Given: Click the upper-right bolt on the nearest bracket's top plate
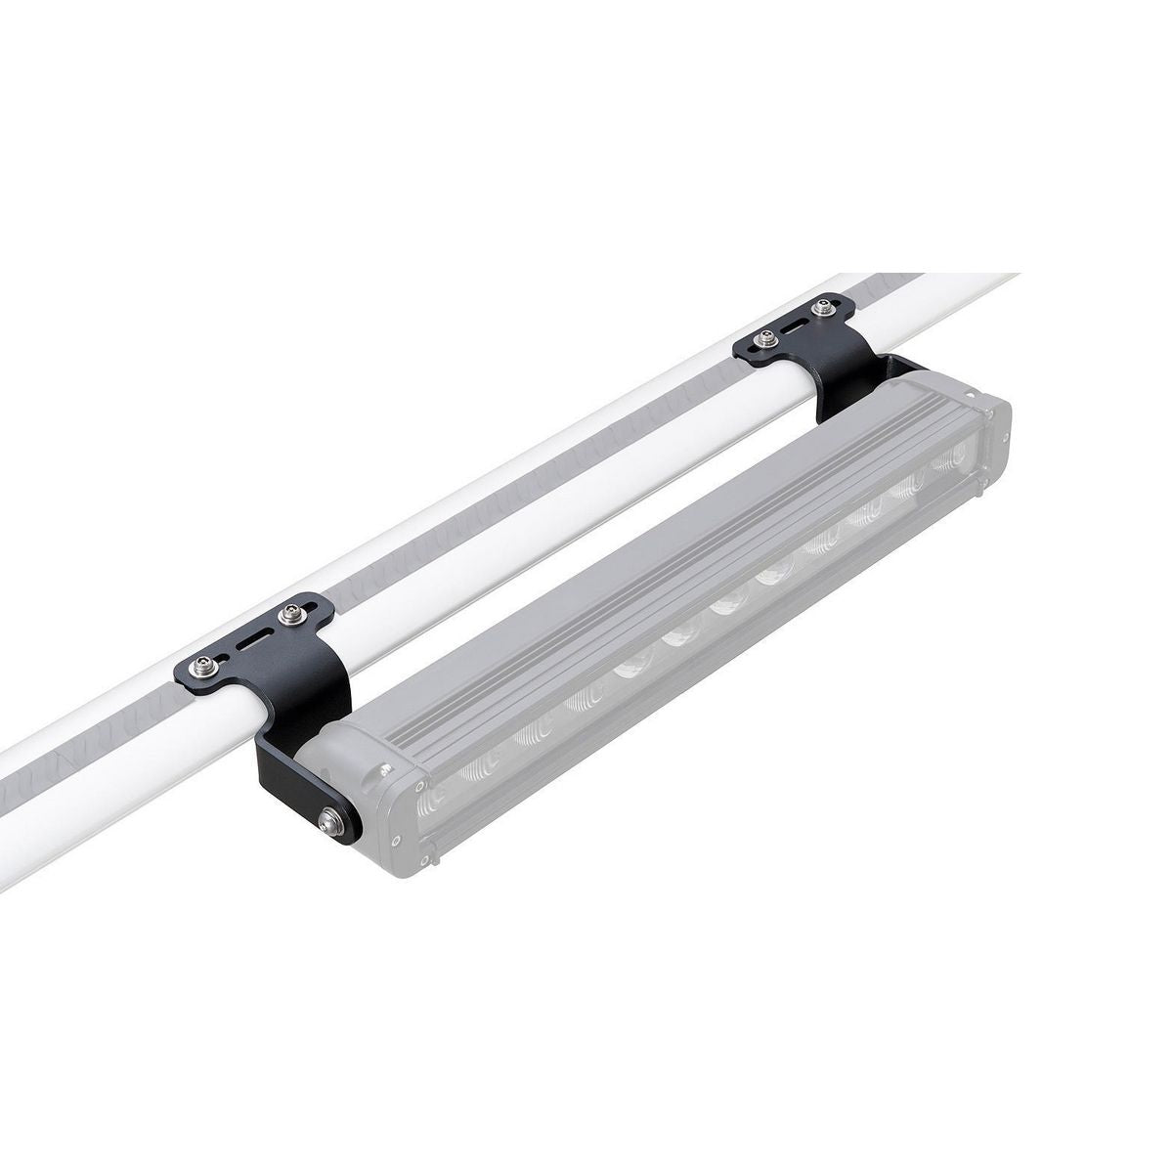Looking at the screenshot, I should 287,616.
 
